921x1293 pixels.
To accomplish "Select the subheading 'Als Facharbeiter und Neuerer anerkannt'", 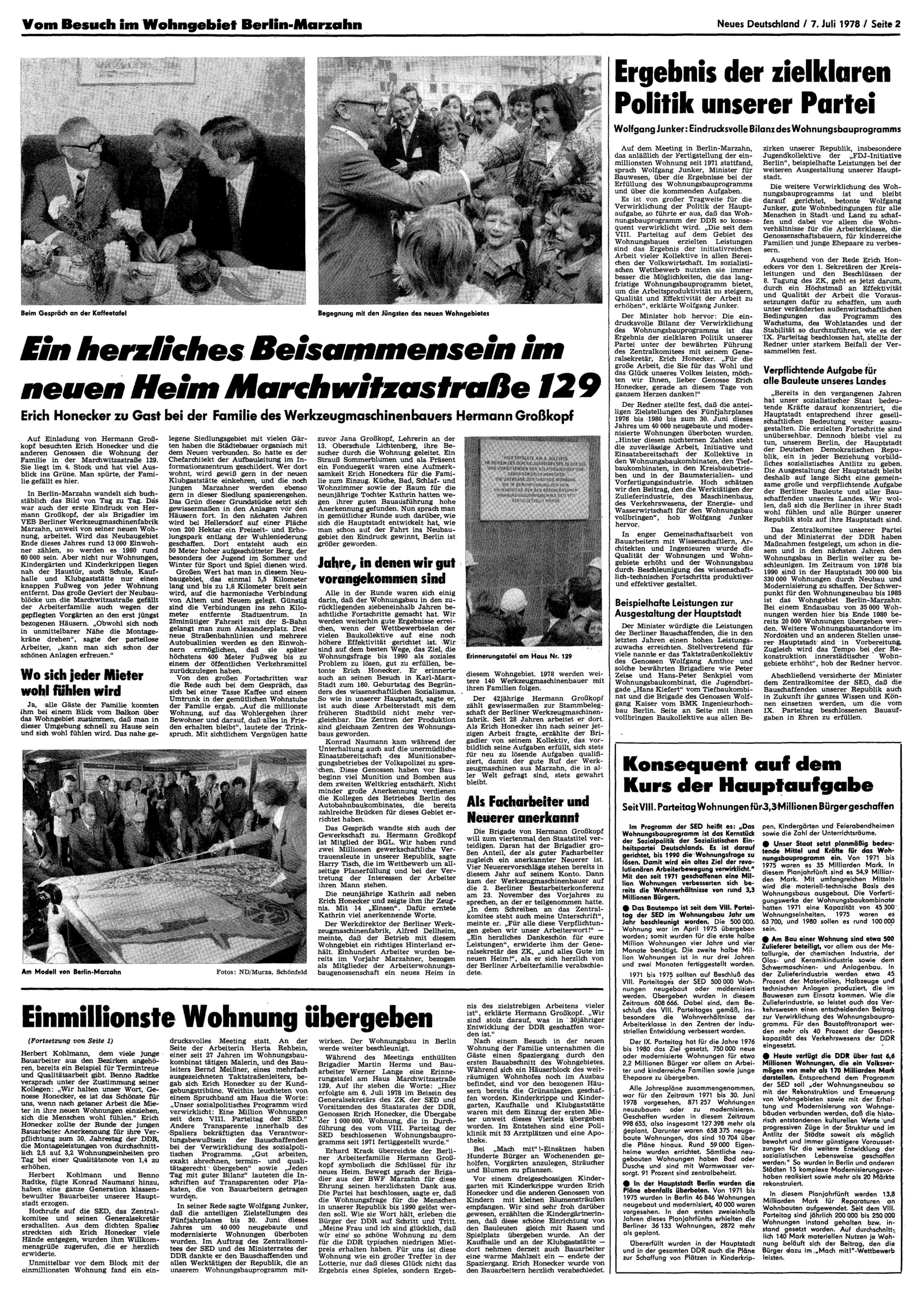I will tap(529, 810).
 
